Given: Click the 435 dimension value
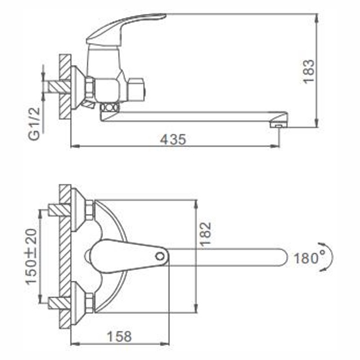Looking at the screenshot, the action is pyautogui.click(x=173, y=139).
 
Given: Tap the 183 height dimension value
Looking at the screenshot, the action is pyautogui.click(x=308, y=72).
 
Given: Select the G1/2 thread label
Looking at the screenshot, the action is pyautogui.click(x=34, y=124).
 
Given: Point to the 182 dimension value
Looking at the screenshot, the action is pyautogui.click(x=205, y=234).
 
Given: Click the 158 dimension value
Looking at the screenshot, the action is pyautogui.click(x=119, y=337).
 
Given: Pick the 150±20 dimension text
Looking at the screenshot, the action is pyautogui.click(x=31, y=257).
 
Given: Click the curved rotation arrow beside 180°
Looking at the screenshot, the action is pyautogui.click(x=331, y=257).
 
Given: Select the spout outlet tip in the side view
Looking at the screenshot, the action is pyautogui.click(x=279, y=126).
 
